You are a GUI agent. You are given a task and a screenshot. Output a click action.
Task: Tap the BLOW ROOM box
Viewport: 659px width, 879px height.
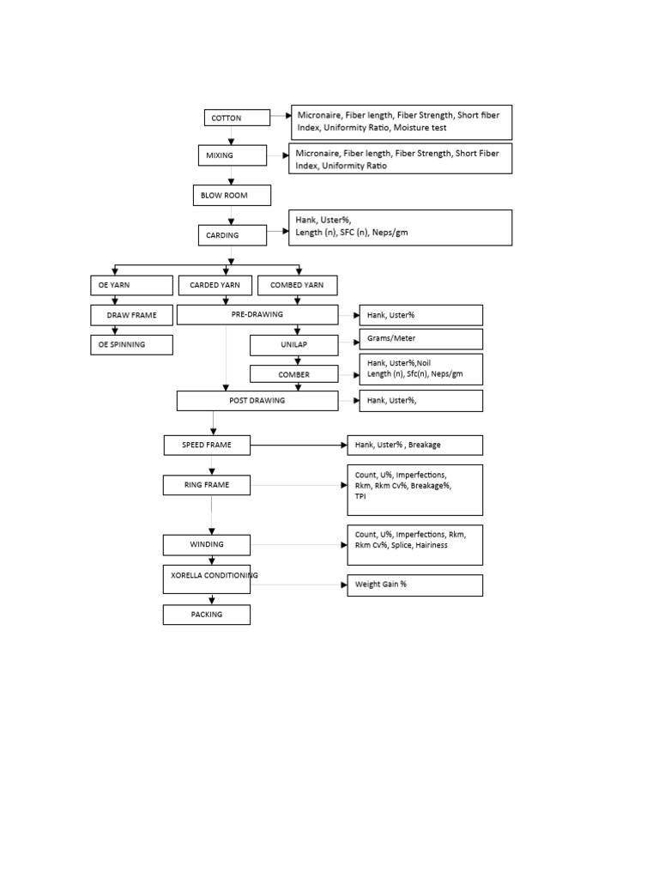click(x=231, y=196)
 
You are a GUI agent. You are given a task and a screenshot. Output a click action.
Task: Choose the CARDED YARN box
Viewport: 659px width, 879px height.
click(x=215, y=285)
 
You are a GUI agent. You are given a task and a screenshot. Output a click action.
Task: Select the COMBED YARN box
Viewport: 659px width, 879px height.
click(x=297, y=285)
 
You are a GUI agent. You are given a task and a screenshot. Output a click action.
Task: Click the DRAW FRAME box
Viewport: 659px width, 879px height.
click(x=131, y=315)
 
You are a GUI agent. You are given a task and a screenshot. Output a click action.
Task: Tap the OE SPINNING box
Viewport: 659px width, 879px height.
click(x=131, y=344)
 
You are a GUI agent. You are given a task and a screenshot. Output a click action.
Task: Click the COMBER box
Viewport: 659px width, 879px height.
click(x=293, y=374)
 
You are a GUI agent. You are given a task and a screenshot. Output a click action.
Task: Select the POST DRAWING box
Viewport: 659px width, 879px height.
click(x=257, y=400)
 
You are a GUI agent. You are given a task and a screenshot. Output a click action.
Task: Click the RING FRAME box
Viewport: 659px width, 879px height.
click(x=206, y=486)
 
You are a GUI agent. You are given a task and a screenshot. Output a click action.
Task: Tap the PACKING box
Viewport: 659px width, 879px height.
click(x=206, y=615)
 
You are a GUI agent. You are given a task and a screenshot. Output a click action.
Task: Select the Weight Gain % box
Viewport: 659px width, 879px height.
click(x=414, y=585)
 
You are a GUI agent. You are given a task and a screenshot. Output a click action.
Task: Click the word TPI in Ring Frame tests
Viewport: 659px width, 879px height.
click(x=361, y=497)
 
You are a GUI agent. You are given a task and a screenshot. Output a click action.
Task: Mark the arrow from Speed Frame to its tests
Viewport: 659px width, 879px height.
click(x=300, y=445)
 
